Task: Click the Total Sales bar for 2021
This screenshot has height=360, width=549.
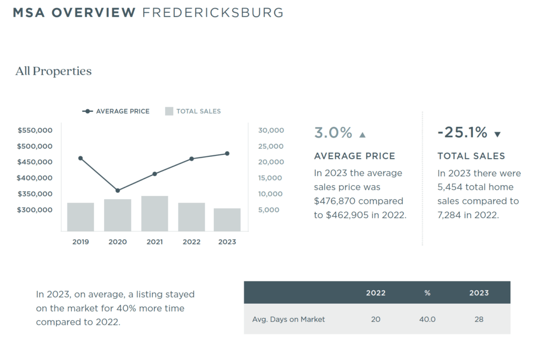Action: pyautogui.click(x=154, y=213)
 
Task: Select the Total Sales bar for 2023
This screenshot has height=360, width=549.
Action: pyautogui.click(x=227, y=220)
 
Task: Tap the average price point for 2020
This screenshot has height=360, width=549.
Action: pyautogui.click(x=117, y=190)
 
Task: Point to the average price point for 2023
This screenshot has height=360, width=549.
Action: pyautogui.click(x=227, y=153)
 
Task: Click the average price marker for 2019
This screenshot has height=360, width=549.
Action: pyautogui.click(x=80, y=158)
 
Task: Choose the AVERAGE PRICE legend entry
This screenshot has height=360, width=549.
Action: pyautogui.click(x=116, y=111)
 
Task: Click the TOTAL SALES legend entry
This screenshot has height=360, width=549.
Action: pyautogui.click(x=192, y=111)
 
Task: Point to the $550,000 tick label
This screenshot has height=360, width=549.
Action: pyautogui.click(x=35, y=130)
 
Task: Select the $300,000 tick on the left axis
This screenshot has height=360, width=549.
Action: pyautogui.click(x=35, y=209)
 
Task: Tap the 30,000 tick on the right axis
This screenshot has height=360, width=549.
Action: pyautogui.click(x=271, y=130)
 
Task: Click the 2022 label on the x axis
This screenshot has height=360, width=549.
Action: pyautogui.click(x=191, y=242)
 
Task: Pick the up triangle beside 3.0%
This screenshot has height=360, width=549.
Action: pyautogui.click(x=362, y=134)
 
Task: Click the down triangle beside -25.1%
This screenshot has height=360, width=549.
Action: pyautogui.click(x=497, y=134)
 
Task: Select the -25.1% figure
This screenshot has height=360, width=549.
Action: pyautogui.click(x=462, y=132)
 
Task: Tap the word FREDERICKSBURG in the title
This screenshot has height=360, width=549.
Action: pyautogui.click(x=212, y=12)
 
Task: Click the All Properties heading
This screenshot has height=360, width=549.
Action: pyautogui.click(x=54, y=71)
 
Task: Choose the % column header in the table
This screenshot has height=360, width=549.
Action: pyautogui.click(x=427, y=293)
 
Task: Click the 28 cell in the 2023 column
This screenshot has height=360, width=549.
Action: pyautogui.click(x=479, y=319)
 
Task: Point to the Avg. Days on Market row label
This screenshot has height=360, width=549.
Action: pyautogui.click(x=288, y=319)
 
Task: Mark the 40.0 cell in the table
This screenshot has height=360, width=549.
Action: pyautogui.click(x=427, y=319)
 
